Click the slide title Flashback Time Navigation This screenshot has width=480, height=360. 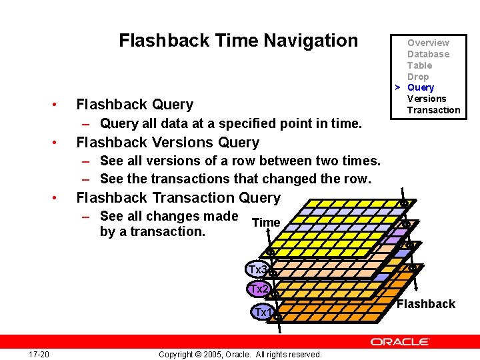(x=238, y=41)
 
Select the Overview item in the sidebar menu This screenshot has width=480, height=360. (x=428, y=43)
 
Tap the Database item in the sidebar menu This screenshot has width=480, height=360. (x=428, y=54)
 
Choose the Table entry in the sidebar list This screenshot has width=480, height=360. (x=419, y=65)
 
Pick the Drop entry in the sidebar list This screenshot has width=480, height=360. (x=418, y=77)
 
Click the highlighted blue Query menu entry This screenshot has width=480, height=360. (x=420, y=87)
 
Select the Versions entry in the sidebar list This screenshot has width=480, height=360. (x=427, y=99)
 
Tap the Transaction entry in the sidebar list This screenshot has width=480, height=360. (x=433, y=110)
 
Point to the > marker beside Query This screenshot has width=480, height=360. (x=397, y=87)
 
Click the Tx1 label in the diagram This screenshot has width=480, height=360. (x=263, y=312)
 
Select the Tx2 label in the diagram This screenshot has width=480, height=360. (x=258, y=289)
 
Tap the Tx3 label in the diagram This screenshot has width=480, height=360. (x=257, y=270)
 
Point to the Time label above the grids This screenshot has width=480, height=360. (x=266, y=222)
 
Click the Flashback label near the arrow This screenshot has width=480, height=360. (x=426, y=304)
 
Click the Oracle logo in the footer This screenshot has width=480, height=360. (x=400, y=341)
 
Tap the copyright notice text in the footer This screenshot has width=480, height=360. (x=240, y=354)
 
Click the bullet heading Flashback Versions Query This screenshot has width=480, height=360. (x=167, y=143)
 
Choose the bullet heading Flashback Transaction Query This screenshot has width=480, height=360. (x=179, y=198)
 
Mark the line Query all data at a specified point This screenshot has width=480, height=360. (x=231, y=123)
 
